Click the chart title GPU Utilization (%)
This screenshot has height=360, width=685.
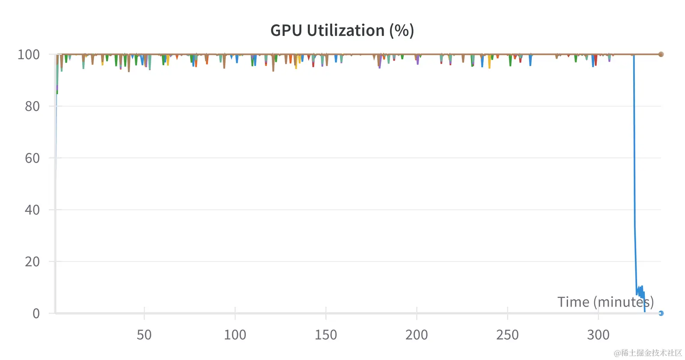point(342,30)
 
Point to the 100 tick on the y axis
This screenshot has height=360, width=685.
point(29,55)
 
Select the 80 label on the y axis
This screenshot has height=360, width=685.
point(32,106)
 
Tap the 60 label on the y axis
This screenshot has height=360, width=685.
point(32,158)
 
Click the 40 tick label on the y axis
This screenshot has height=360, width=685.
point(32,210)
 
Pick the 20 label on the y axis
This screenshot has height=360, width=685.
point(32,262)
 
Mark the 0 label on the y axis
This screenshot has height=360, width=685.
point(36,313)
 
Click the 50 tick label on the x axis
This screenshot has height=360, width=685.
point(144,335)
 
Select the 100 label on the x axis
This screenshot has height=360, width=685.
point(235,335)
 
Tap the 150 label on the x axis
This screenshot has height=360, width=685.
point(326,335)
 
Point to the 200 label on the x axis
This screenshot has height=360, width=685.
point(417,335)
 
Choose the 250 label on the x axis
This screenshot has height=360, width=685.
point(507,335)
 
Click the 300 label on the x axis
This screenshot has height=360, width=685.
point(598,335)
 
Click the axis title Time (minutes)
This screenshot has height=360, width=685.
point(605,302)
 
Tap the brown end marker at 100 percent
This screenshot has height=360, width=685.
point(661,54)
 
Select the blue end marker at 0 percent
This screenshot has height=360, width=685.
point(661,313)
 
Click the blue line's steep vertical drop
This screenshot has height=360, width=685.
point(634,171)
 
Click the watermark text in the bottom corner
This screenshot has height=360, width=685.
point(648,353)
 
